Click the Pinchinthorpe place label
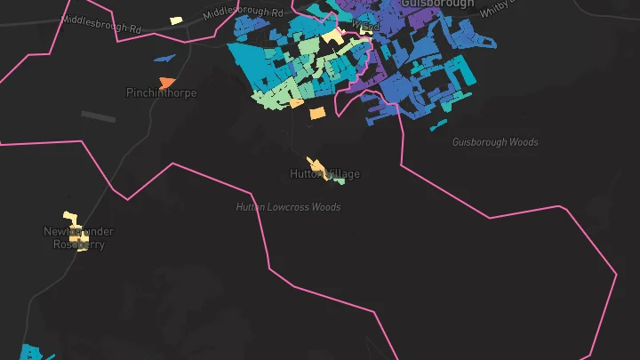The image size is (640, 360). tap(161, 92)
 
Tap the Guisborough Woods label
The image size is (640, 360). tap(494, 142)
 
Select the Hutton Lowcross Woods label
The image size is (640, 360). tap(288, 207)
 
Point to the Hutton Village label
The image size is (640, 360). tap(325, 173)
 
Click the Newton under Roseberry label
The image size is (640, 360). tap(79, 237)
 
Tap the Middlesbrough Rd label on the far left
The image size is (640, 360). tap(102, 24)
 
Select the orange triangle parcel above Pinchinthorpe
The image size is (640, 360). tap(167, 82)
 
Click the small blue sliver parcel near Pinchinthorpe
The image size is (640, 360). tap(164, 59)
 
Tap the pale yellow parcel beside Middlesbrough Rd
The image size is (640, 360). tap(176, 20)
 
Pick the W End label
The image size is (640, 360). tap(366, 26)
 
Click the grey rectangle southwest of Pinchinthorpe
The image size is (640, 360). tap(98, 116)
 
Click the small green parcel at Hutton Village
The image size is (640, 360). tap(339, 180)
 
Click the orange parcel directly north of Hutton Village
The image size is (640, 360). tap(317, 113)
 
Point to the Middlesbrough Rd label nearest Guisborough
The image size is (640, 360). tap(242, 13)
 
